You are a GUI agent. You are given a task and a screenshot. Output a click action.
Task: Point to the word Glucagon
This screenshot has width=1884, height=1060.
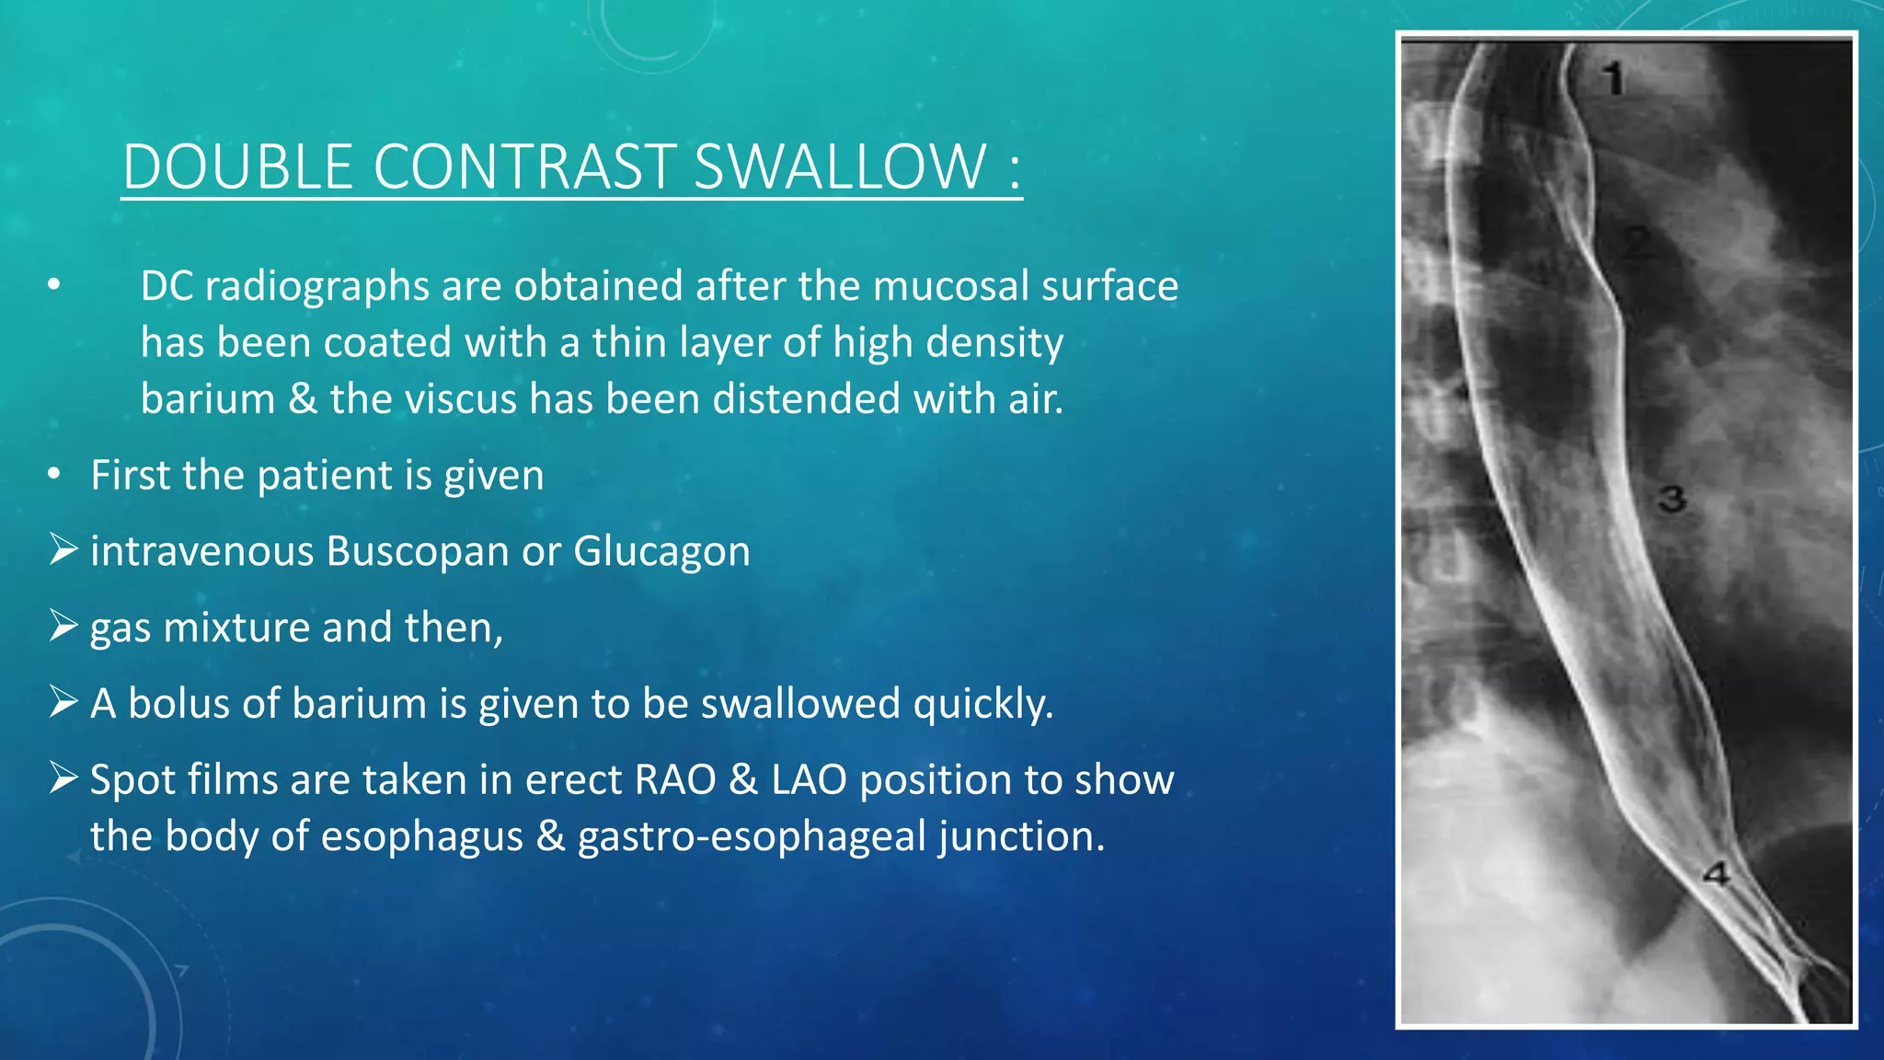[661, 551]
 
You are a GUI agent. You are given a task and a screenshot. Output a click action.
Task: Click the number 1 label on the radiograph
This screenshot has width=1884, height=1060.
[1614, 78]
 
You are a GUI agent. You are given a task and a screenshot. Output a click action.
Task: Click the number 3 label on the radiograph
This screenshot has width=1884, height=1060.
[1671, 500]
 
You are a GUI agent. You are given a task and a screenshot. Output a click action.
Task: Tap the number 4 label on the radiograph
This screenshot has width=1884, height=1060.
[1716, 873]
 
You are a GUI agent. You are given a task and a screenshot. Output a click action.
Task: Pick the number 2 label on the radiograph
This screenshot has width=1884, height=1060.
[1635, 242]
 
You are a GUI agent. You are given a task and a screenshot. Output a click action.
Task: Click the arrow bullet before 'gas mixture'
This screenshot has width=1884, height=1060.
[63, 626]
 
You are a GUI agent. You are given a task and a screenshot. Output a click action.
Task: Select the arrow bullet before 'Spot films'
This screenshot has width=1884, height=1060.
[63, 778]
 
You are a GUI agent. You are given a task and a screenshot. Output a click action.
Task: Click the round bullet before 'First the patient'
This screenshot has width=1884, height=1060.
[54, 475]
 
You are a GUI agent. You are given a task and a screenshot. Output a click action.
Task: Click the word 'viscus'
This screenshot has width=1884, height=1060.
[461, 398]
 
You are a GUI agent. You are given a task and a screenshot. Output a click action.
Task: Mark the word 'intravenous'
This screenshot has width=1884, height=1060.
[202, 551]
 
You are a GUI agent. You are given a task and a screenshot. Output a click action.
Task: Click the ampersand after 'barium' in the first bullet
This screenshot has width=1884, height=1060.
[303, 398]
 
